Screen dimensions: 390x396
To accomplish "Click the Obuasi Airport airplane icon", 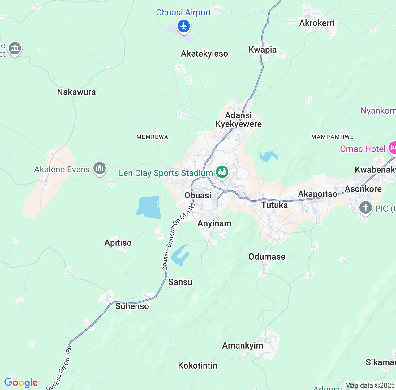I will [184, 26].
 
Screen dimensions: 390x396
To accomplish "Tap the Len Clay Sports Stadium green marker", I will [222, 171].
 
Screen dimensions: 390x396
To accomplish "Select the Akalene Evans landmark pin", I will [99, 168].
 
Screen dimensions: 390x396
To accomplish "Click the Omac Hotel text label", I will [363, 149].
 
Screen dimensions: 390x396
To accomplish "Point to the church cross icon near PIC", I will [365, 207].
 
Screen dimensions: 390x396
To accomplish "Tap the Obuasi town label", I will [198, 195].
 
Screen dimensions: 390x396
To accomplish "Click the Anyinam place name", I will [214, 223].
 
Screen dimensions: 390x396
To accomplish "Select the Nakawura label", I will [76, 92].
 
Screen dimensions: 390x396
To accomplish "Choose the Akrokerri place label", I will [317, 23].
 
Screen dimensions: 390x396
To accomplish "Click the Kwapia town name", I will [262, 50].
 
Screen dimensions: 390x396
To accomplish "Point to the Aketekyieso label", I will [204, 54].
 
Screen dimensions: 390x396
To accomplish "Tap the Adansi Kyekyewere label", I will [239, 120].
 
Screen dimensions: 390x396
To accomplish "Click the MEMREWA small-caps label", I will [152, 137].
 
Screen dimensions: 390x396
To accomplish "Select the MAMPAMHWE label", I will [332, 137].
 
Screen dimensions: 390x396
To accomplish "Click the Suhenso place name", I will [132, 306].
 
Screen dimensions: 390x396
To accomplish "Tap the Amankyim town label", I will [243, 345].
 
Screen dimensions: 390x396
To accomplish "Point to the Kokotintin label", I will [198, 366].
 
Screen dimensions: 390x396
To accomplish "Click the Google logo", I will [21, 383].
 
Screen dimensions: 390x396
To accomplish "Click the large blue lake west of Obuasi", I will [149, 207].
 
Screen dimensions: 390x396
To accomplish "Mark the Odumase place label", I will [267, 257].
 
